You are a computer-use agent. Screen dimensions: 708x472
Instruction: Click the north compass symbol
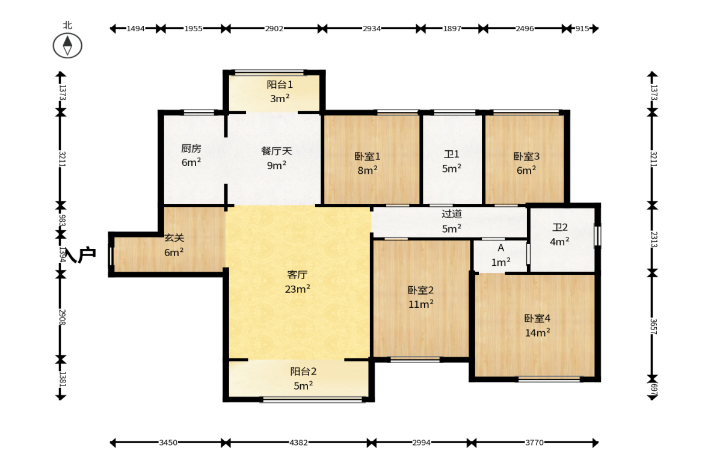(x=67, y=46)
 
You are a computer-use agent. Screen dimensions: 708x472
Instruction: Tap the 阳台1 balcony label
(x=280, y=84)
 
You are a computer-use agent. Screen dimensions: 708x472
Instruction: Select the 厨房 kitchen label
(x=191, y=149)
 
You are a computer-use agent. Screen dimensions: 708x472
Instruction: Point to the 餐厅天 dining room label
(x=276, y=151)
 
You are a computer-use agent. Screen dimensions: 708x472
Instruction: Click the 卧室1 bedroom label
(x=368, y=156)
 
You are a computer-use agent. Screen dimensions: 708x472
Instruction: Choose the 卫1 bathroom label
(x=452, y=155)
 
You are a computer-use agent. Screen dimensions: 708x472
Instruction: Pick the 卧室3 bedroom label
(x=526, y=156)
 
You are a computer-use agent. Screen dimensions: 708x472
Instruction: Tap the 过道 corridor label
(x=452, y=214)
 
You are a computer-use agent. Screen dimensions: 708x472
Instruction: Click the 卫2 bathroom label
(x=560, y=227)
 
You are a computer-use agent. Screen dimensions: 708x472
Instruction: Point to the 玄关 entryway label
(x=174, y=238)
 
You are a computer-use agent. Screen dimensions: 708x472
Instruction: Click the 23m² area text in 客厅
(x=297, y=289)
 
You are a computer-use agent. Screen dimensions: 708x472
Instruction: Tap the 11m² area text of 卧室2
(x=421, y=304)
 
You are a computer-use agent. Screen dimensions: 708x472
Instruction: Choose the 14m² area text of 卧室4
(x=537, y=333)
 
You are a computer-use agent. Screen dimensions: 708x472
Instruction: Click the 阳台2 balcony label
(x=303, y=372)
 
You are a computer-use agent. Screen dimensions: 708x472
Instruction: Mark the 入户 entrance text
(x=81, y=255)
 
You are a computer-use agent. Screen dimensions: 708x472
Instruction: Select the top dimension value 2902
(x=274, y=28)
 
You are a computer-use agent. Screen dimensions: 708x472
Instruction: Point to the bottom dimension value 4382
(x=298, y=443)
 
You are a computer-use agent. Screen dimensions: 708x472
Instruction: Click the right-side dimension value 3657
(x=653, y=326)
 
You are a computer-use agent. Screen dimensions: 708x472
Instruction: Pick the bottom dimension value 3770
(x=534, y=443)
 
